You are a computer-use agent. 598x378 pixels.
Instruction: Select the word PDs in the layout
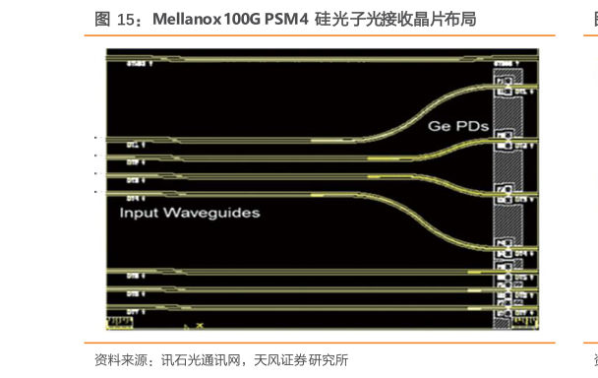(467, 128)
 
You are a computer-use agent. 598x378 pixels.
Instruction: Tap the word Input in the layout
(141, 213)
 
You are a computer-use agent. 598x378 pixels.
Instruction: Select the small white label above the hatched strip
(506, 62)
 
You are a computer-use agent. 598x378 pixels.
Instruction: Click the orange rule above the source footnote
(325, 344)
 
